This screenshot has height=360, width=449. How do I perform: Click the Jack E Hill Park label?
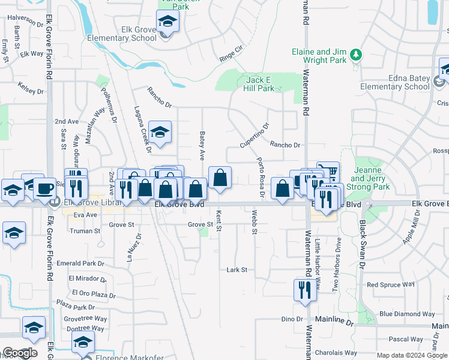coord(260,84)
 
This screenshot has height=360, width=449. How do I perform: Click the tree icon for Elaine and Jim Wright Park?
coord(357,55)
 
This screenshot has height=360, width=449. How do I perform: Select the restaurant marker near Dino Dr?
coord(304,290)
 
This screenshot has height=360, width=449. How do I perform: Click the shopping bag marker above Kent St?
coord(220,178)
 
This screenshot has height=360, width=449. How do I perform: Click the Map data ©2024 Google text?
coord(412,355)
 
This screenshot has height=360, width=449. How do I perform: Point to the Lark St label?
coord(237,270)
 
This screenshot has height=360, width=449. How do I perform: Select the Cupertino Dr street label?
coord(255,136)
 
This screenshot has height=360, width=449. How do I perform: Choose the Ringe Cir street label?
coord(231,53)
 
